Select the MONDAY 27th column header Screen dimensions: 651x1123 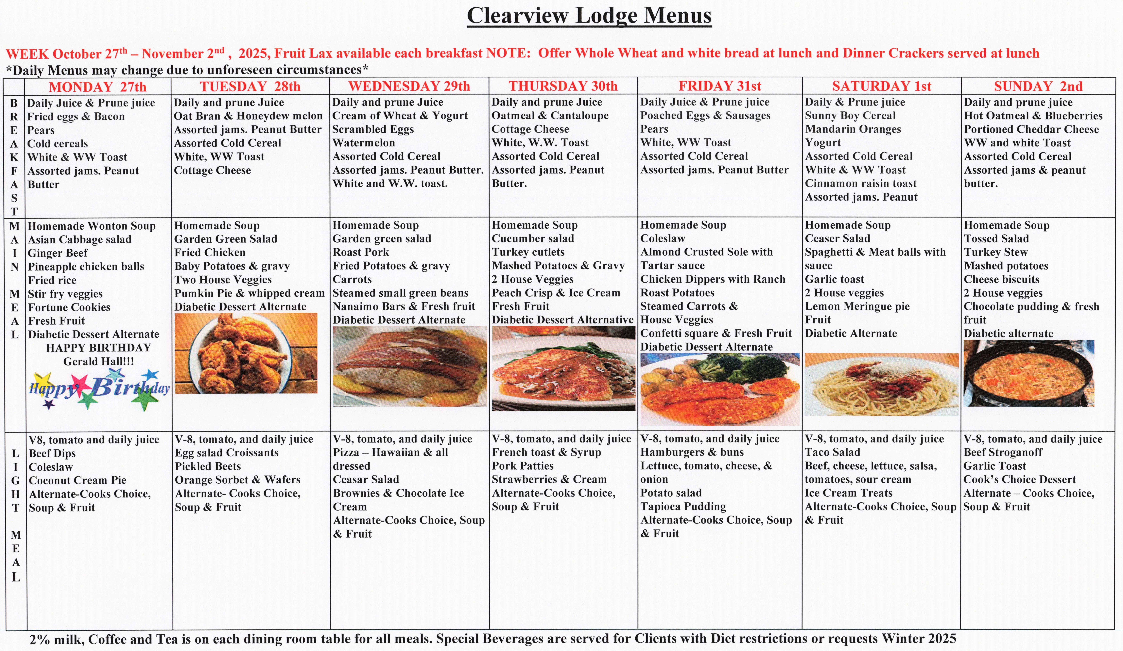[x=98, y=86]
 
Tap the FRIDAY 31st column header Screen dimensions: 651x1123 [x=720, y=86]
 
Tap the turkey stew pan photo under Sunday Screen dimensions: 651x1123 [x=1028, y=374]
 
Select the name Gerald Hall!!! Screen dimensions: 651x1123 [x=98, y=362]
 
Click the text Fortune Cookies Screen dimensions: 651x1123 [x=69, y=307]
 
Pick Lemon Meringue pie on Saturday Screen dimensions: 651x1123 [x=857, y=306]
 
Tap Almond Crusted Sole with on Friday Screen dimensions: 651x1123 [x=706, y=252]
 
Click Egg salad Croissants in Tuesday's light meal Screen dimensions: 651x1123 [x=226, y=453]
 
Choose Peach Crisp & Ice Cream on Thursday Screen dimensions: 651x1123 [x=556, y=293]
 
